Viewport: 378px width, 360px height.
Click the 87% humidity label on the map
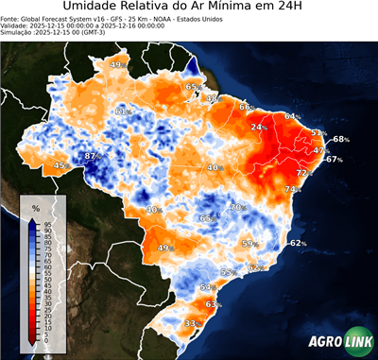pos(92,156)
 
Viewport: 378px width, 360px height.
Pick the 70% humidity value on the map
pos(237,208)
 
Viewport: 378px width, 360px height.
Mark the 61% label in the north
pos(122,111)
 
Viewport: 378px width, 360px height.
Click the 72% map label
pos(303,174)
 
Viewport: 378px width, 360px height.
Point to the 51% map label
pos(318,133)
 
